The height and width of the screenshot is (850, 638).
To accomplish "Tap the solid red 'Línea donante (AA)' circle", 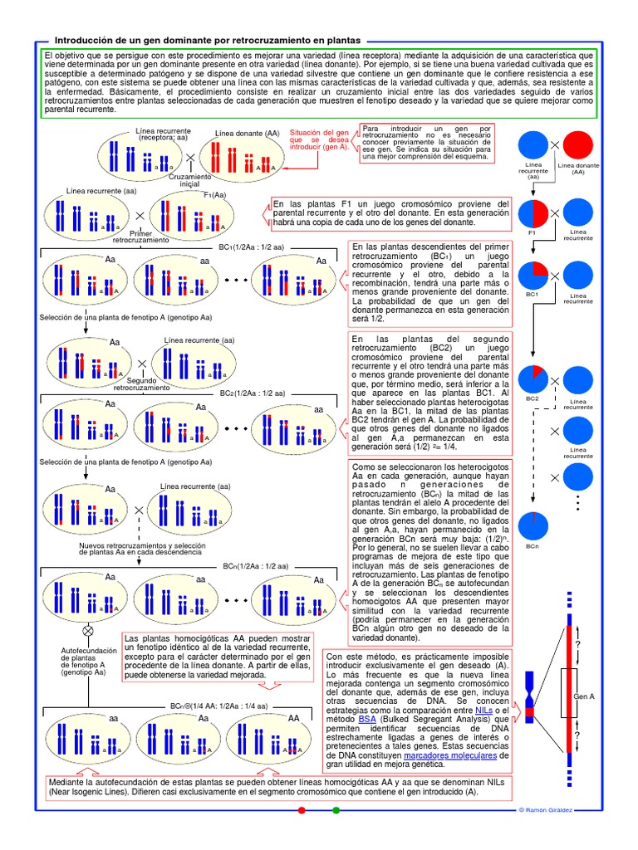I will pos(578,145).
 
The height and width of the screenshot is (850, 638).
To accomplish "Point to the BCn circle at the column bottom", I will pos(532,526).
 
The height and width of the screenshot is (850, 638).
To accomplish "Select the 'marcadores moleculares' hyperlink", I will pos(449,756).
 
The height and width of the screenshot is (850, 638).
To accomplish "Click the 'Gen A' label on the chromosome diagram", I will pos(586,696).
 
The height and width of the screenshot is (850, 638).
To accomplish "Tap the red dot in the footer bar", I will pos(302,809).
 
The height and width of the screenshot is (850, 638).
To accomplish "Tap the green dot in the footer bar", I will pos(336,809).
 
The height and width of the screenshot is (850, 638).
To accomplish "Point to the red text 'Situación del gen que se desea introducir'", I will pos(320,141).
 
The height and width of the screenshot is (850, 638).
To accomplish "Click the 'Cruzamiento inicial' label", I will pos(189,180).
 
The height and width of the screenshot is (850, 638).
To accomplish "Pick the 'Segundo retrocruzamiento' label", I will pos(141,383).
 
